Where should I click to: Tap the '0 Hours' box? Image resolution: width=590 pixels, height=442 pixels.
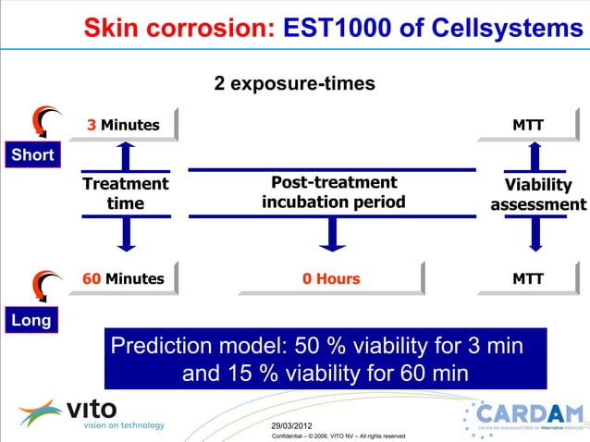(x=331, y=278)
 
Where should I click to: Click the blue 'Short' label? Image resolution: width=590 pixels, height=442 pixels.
(x=32, y=154)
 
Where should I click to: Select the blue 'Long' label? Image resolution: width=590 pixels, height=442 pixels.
(x=30, y=320)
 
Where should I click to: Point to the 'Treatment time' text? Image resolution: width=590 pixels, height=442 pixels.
(x=126, y=193)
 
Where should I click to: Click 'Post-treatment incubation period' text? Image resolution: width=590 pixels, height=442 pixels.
(x=333, y=192)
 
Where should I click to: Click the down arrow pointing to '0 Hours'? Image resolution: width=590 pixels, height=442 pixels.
(x=331, y=235)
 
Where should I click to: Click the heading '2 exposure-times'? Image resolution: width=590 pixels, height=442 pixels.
(x=294, y=83)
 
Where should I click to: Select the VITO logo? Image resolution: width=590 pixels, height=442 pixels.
(x=90, y=412)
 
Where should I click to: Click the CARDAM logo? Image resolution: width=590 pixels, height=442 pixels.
(x=525, y=419)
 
